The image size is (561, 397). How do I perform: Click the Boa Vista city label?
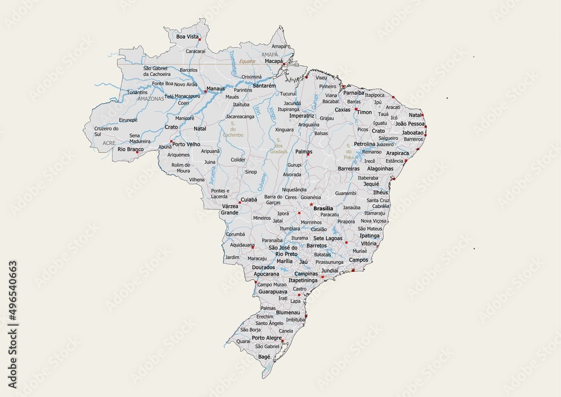(188, 36)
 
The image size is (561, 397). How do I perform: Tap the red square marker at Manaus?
(205, 92)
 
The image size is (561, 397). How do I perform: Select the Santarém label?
(264, 86)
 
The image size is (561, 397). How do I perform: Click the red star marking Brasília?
(311, 204)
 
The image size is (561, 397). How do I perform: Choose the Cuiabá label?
(249, 199)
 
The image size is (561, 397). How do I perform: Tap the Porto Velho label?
(186, 144)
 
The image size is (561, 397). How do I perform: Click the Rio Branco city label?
(130, 149)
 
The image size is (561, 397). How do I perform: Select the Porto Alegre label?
(266, 338)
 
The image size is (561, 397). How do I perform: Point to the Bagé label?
(264, 357)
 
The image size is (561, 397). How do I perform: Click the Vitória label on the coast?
(369, 244)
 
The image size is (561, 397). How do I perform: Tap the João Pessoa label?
(410, 123)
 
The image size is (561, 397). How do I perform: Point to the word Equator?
(247, 61)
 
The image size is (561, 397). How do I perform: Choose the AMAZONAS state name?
(151, 98)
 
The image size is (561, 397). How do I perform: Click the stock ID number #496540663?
(12, 324)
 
